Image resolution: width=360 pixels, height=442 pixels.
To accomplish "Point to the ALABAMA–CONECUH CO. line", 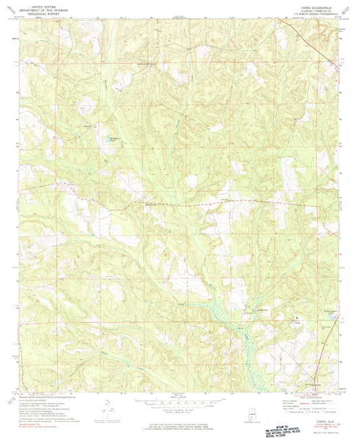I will tap(310, 9).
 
